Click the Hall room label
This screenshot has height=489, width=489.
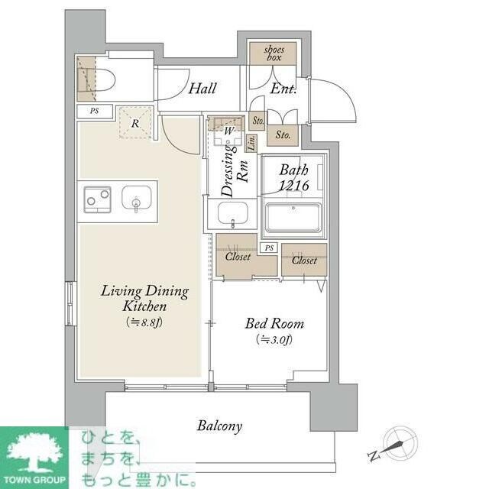pyautogui.click(x=202, y=89)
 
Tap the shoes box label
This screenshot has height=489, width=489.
pyautogui.click(x=274, y=53)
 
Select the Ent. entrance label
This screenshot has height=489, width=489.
pyautogui.click(x=283, y=89)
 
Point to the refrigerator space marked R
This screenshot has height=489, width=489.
pyautogui.click(x=136, y=122)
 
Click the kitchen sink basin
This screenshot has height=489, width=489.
pyautogui.click(x=137, y=199)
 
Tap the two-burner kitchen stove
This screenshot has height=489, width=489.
pyautogui.click(x=98, y=199)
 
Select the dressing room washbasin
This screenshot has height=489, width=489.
pyautogui.click(x=232, y=214)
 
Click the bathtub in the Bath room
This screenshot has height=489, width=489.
pyautogui.click(x=293, y=219)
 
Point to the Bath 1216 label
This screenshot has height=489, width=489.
pyautogui.click(x=293, y=177)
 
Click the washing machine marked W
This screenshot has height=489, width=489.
pyautogui.click(x=228, y=131)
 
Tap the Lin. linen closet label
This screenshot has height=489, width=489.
pyautogui.click(x=251, y=143)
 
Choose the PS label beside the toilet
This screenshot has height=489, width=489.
pyautogui.click(x=95, y=111)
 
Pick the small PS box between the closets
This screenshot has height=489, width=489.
pyautogui.click(x=269, y=248)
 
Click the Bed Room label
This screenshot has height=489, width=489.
pyautogui.click(x=274, y=323)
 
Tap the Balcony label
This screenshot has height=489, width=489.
pyautogui.click(x=219, y=426)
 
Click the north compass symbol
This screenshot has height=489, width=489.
pyautogui.click(x=400, y=444)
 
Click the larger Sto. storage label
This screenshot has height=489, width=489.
pyautogui.click(x=283, y=135)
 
